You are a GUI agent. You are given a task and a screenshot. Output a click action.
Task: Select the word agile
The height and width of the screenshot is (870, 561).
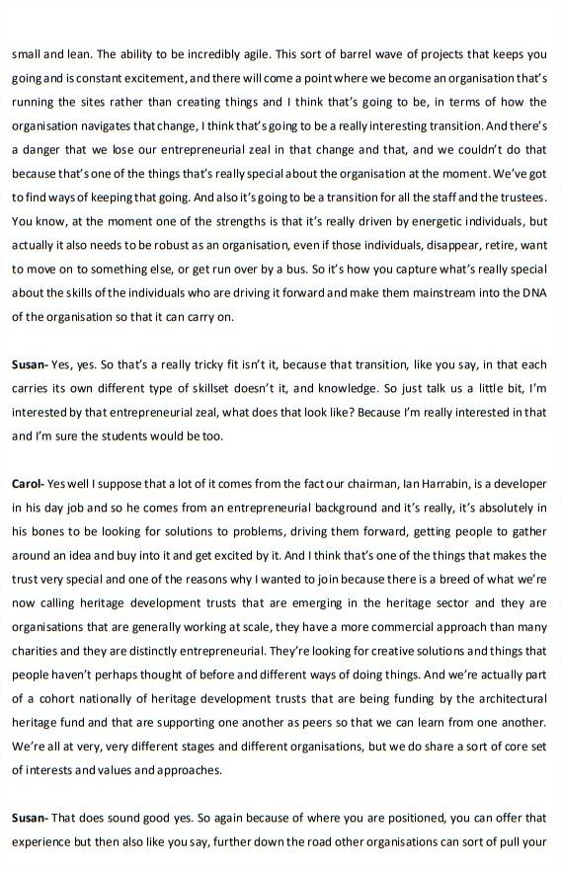[235, 55]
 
